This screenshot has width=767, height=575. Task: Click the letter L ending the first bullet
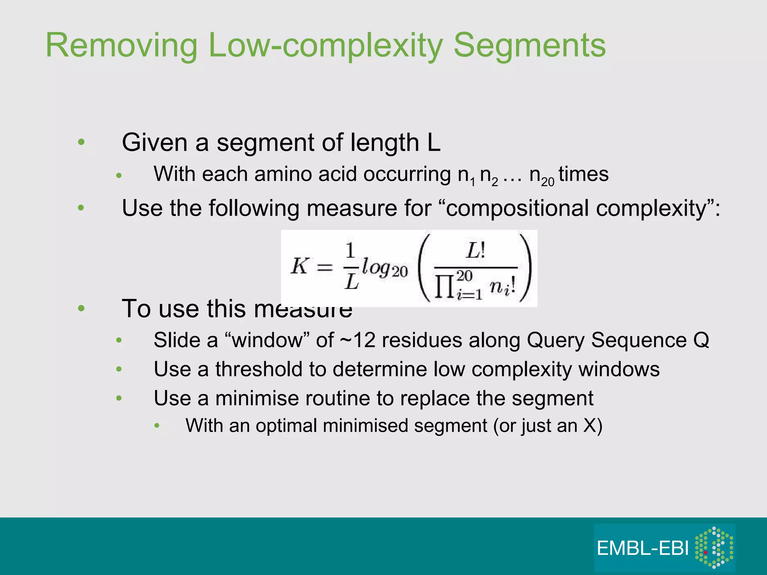(x=433, y=143)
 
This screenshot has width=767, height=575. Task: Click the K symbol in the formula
(x=300, y=267)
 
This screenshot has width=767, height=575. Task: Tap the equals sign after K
(x=325, y=267)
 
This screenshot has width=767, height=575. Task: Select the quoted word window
(x=267, y=340)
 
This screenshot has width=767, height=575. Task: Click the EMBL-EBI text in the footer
(x=643, y=548)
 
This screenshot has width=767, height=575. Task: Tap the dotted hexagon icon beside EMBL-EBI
(x=714, y=547)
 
